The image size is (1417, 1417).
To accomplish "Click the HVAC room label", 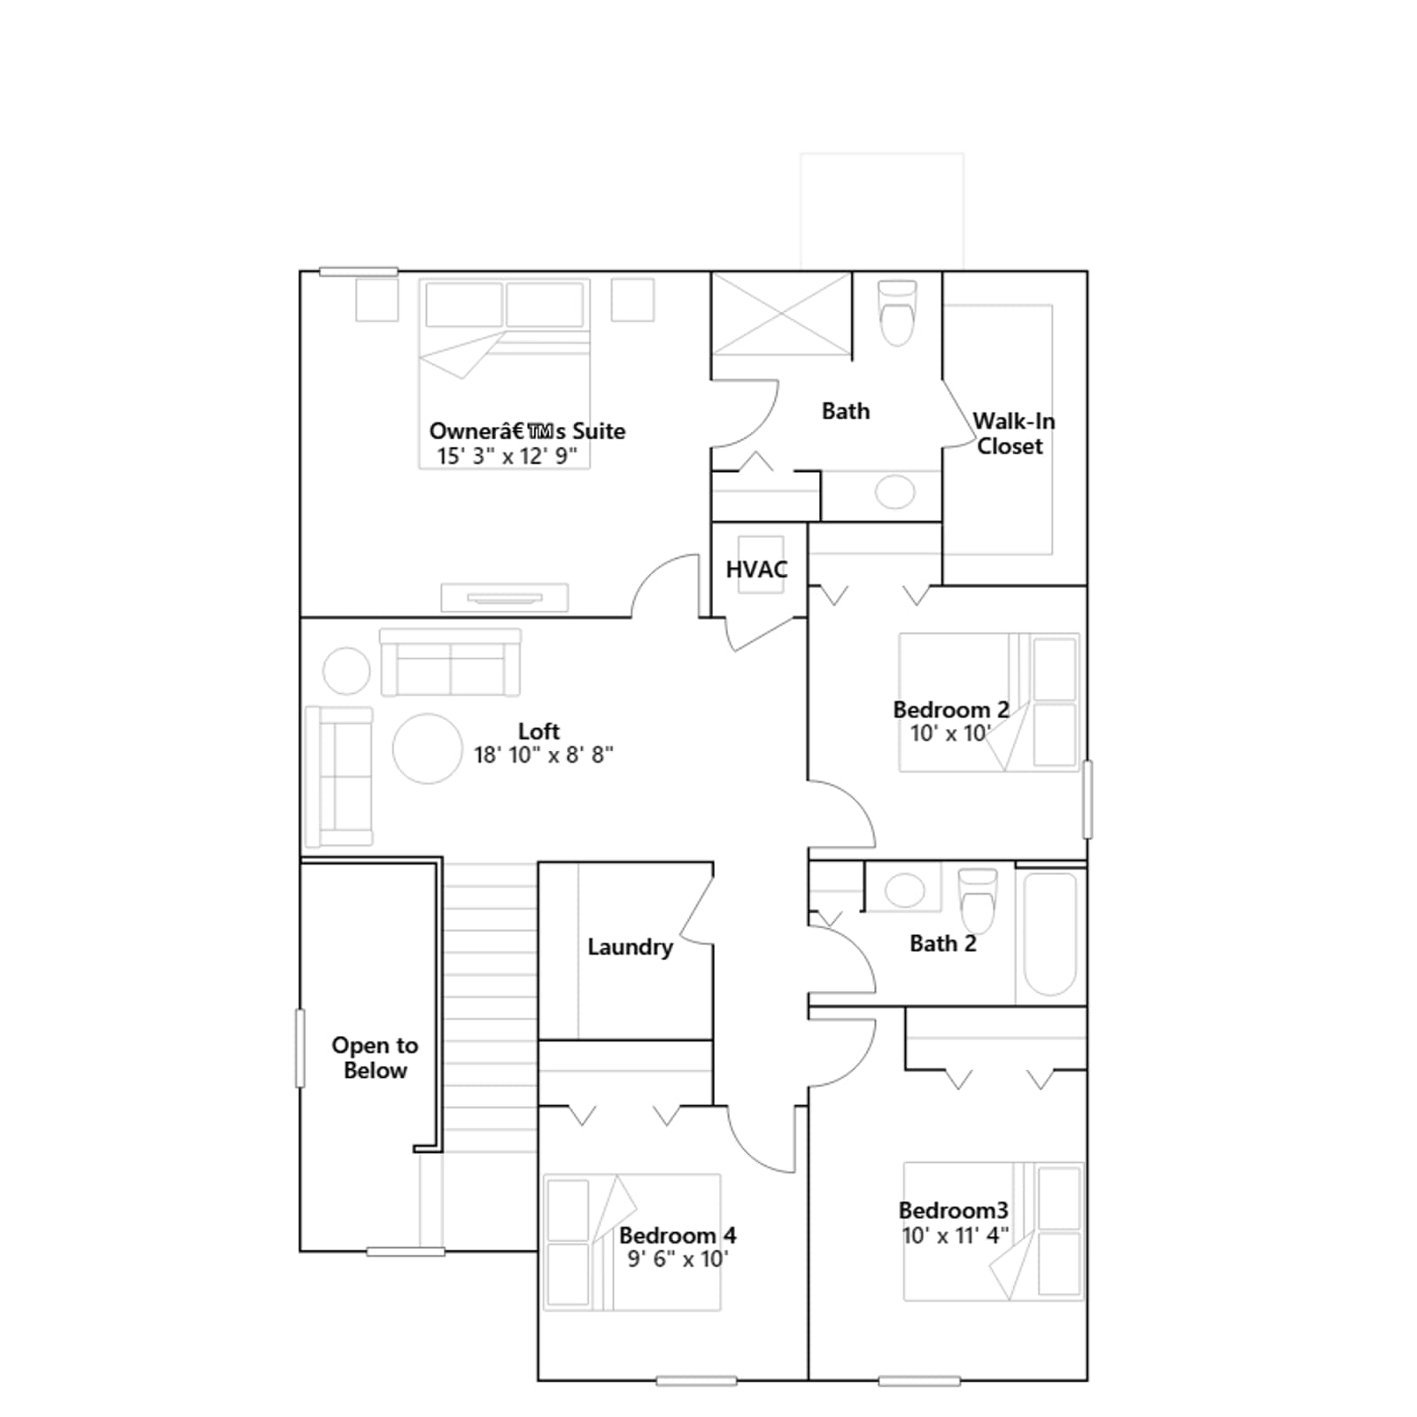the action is (756, 569).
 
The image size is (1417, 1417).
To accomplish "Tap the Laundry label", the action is (630, 948).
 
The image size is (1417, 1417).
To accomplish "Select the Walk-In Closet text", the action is (1012, 433).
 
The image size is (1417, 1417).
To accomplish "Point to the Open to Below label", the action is (375, 1057).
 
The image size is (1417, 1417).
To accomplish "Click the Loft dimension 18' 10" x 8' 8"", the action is (543, 755).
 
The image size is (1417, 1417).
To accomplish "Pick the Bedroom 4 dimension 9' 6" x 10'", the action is (678, 1258).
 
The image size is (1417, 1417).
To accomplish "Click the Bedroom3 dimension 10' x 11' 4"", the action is (955, 1235).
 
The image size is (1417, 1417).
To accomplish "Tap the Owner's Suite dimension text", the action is (507, 456).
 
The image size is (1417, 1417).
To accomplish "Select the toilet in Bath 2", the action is (977, 897).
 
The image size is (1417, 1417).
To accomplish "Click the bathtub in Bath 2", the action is (1050, 934).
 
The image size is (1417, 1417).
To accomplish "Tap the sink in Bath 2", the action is (904, 890).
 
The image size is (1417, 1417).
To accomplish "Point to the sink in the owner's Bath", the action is (894, 492).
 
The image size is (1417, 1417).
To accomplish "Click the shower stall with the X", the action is (782, 314).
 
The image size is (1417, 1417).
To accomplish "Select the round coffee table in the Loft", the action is (428, 748).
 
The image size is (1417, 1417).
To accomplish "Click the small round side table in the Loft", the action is (346, 670).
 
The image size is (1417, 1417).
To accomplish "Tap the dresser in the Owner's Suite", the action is (505, 598).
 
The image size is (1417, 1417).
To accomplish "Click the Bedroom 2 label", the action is (951, 709).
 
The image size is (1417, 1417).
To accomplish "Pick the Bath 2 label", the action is (943, 943).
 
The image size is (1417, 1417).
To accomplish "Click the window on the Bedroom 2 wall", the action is (1088, 799).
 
